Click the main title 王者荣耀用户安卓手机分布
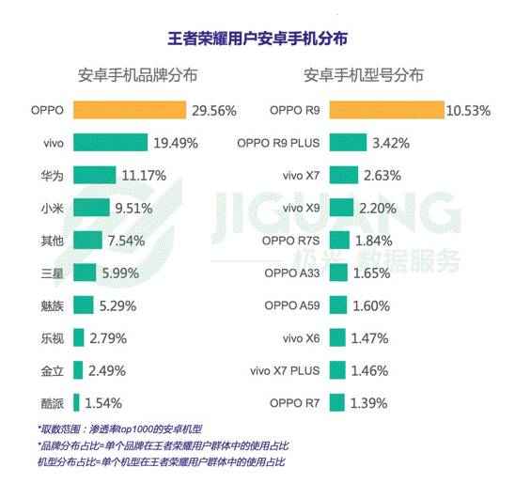[257, 39]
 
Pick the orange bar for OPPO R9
[386, 110]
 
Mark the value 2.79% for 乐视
[111, 337]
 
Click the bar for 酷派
[78, 402]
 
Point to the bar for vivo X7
[344, 175]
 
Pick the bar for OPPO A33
[338, 273]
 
